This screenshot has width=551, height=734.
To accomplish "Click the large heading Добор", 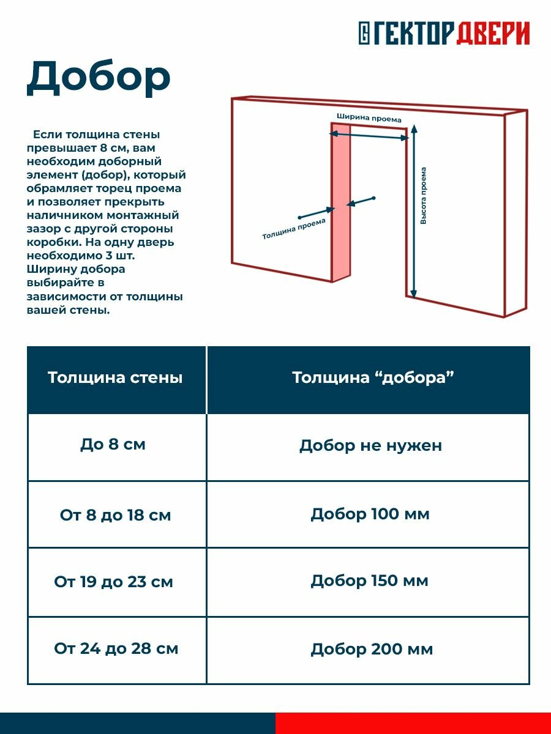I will pyautogui.click(x=98, y=78).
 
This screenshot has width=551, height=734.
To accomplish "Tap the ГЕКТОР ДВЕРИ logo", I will pyautogui.click(x=444, y=33).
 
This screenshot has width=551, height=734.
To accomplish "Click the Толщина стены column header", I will pyautogui.click(x=115, y=377).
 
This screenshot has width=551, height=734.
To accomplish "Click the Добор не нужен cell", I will pyautogui.click(x=370, y=446).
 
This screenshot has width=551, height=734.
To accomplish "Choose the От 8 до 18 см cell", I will pyautogui.click(x=115, y=515).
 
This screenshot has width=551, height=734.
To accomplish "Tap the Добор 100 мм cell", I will pyautogui.click(x=370, y=514).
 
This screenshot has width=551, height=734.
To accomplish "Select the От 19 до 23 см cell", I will pyautogui.click(x=114, y=582).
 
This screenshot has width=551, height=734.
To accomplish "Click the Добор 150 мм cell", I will pyautogui.click(x=369, y=580).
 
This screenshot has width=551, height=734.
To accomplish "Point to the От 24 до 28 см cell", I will pyautogui.click(x=116, y=648).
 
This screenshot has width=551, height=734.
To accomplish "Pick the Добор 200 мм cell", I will pyautogui.click(x=372, y=649).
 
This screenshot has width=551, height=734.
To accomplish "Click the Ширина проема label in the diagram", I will pyautogui.click(x=369, y=118).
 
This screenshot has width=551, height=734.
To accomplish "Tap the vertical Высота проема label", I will pyautogui.click(x=424, y=196).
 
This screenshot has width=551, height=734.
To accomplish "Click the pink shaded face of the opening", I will pyautogui.click(x=340, y=202).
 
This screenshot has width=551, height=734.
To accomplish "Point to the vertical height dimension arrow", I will pyautogui.click(x=414, y=211).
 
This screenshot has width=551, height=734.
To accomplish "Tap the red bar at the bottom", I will pyautogui.click(x=413, y=723).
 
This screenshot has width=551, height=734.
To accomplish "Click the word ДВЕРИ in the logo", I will pyautogui.click(x=492, y=33).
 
